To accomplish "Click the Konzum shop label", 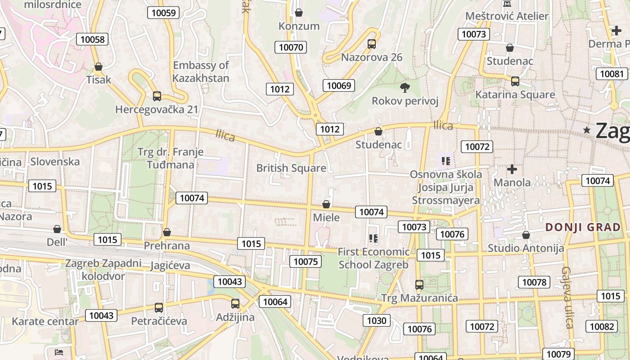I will [x=299, y=26].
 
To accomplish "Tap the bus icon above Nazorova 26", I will [x=372, y=44].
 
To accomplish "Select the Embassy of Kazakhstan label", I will [x=201, y=72].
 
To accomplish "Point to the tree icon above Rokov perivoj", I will [x=405, y=87].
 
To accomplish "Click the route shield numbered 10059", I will [x=163, y=13].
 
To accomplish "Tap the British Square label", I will [x=291, y=168].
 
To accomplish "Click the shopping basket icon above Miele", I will [x=326, y=204].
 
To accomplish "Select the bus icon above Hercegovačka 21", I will [x=157, y=96].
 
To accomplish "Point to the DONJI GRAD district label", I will [x=583, y=227].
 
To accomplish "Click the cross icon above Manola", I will [x=512, y=169].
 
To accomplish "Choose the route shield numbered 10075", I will [x=305, y=261].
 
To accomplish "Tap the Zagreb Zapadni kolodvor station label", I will [x=103, y=270].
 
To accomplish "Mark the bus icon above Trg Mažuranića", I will [x=419, y=284].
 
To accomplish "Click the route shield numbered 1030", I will [x=377, y=320].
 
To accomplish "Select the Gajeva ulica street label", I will [x=567, y=297].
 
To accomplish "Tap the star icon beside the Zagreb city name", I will [x=587, y=130].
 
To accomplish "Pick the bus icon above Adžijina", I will [x=235, y=304].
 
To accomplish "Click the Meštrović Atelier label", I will [x=507, y=16].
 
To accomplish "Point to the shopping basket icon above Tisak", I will [x=99, y=67].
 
